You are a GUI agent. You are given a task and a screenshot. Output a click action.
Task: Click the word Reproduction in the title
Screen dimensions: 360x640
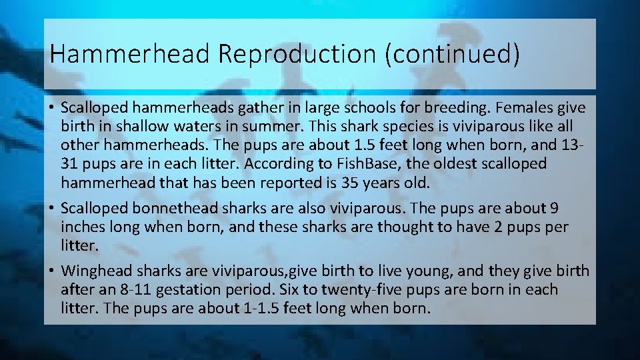coord(296,54)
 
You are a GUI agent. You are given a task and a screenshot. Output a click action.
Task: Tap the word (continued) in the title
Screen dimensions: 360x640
coord(451,54)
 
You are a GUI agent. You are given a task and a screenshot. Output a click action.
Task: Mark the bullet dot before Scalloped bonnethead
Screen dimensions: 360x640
coord(51,208)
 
